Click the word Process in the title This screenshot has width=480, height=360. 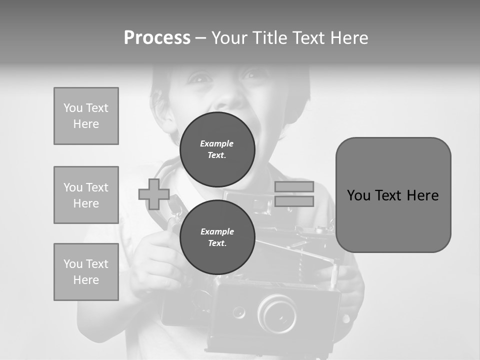pyautogui.click(x=157, y=38)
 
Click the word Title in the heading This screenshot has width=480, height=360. pyautogui.click(x=266, y=38)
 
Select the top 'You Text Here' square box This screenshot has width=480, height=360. pyautogui.click(x=86, y=116)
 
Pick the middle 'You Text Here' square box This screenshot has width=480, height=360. pyautogui.click(x=86, y=195)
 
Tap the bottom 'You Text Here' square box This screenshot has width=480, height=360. pyautogui.click(x=86, y=272)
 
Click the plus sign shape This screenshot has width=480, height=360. pyautogui.click(x=154, y=194)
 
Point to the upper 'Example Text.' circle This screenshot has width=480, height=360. pyautogui.click(x=217, y=149)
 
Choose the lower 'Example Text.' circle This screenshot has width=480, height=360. pyautogui.click(x=217, y=237)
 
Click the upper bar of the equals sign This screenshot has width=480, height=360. pyautogui.click(x=294, y=186)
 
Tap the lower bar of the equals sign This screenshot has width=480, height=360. pyautogui.click(x=294, y=201)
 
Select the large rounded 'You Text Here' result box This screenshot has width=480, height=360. pyautogui.click(x=393, y=195)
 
